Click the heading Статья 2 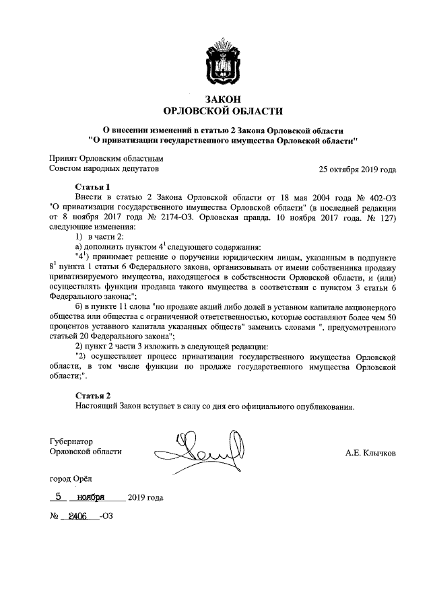click(x=91, y=395)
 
